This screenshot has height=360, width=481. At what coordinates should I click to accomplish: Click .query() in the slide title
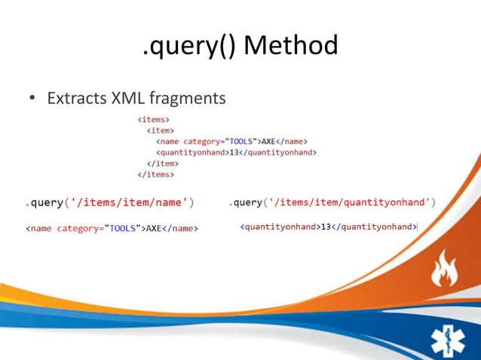pos(188,47)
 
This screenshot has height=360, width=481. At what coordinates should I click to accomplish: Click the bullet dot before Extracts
pos(32,99)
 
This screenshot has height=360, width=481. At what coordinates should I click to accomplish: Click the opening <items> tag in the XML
pos(153,119)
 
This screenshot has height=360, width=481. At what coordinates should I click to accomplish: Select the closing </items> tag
pos(155,174)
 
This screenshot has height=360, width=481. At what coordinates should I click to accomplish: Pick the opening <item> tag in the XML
pos(161,130)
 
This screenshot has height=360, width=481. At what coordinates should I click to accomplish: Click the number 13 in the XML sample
pos(234,152)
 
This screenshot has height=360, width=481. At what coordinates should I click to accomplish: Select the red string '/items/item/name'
pos(129,202)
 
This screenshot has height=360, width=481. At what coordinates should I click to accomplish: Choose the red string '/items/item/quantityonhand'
pos(354,202)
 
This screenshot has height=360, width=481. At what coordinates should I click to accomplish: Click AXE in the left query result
pos(154,227)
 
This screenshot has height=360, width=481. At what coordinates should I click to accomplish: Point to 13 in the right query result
pos(326,227)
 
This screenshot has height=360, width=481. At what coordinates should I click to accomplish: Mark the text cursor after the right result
pos(417,227)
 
